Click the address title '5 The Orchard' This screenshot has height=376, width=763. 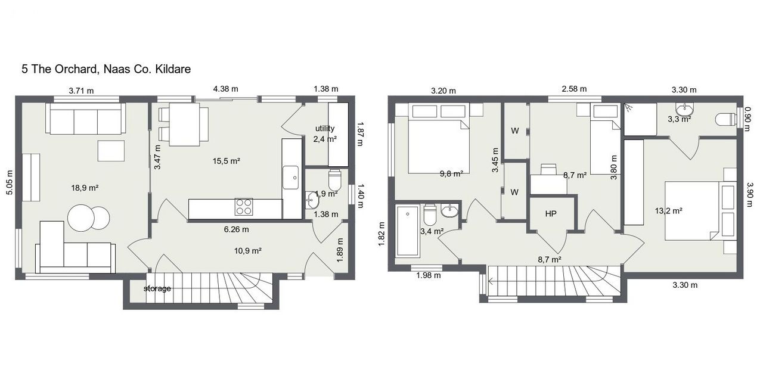tap(60, 69)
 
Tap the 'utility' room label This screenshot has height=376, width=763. tap(325, 128)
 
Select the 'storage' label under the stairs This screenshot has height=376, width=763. tap(157, 289)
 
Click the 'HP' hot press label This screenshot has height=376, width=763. tap(551, 213)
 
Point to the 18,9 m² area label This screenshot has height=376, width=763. tap(85, 188)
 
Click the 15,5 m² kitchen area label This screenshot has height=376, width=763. tap(227, 161)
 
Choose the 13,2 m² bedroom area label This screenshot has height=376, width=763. tap(668, 211)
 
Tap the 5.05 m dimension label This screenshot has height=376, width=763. tap(10, 182)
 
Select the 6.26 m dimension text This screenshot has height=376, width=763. tap(237, 229)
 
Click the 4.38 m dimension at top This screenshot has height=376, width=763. tap(225, 89)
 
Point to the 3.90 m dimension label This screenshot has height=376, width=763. tap(750, 194)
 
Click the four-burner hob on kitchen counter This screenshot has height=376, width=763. tap(244, 207)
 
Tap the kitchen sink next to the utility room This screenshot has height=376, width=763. tap(290, 178)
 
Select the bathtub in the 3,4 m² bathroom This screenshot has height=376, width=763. tap(407, 231)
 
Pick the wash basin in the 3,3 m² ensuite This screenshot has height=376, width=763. tap(684, 109)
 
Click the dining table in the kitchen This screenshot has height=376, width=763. tap(184, 125)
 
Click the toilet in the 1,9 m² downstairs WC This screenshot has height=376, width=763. tap(335, 181)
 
